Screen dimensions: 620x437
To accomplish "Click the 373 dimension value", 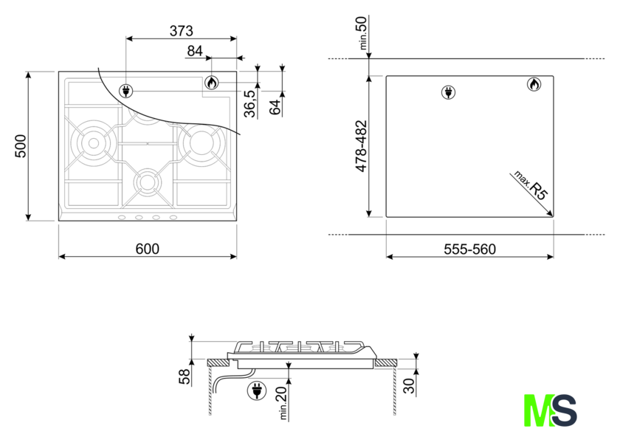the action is click(x=182, y=30).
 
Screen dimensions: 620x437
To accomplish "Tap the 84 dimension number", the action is click(x=195, y=51).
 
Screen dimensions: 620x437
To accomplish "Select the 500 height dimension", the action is click(x=21, y=146).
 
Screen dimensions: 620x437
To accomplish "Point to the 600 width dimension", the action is click(x=148, y=249).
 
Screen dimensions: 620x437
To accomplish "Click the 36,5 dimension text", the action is click(x=250, y=103).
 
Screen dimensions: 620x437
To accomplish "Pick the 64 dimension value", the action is click(x=275, y=107).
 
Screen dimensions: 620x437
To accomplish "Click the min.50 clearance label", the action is click(x=362, y=32).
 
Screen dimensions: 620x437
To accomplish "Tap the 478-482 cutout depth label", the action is click(x=362, y=146).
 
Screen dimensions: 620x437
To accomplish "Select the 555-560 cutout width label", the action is click(x=469, y=250).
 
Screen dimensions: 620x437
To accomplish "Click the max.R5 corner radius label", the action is click(x=531, y=185).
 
